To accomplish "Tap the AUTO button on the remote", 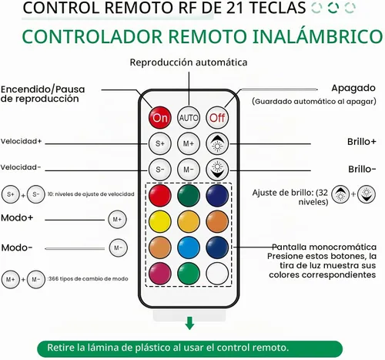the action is click(x=189, y=118).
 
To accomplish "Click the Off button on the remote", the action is click(x=217, y=118).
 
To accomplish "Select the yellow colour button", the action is click(x=160, y=221).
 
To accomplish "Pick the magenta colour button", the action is click(x=160, y=274).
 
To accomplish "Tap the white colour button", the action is click(x=217, y=274).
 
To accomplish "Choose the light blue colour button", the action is click(x=189, y=247).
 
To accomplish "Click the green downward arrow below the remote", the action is click(x=189, y=323).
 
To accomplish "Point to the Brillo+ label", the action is click(x=361, y=142).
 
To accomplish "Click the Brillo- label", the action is click(x=362, y=169).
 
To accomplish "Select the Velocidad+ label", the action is click(x=21, y=141).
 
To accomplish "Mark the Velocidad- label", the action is click(x=21, y=167).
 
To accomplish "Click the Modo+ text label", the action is click(x=17, y=218).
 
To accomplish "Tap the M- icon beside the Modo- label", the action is click(x=118, y=247).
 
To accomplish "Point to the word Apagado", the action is click(x=353, y=89).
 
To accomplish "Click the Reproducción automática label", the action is click(x=189, y=62).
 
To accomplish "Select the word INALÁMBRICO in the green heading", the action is click(x=317, y=36).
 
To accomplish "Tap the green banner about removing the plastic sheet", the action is click(x=190, y=348).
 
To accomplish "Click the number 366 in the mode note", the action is click(x=54, y=279).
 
